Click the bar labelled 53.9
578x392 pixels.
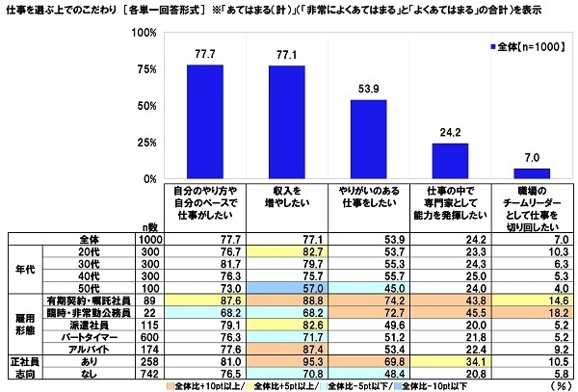[369, 139]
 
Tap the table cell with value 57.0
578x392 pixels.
[285, 286]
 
